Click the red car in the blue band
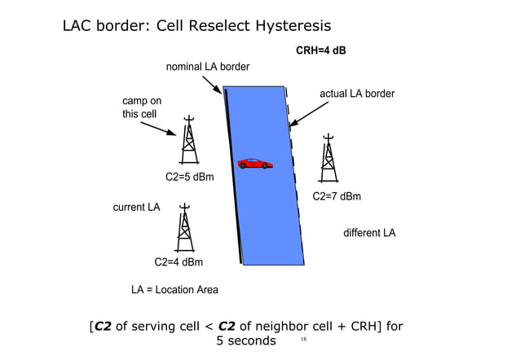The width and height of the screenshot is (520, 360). pos(255,164)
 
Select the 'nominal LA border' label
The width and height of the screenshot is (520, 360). pos(207,66)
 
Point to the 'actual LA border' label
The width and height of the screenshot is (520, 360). pos(356,94)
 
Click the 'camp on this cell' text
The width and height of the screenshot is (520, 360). pos(141,108)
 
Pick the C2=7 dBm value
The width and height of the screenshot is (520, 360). pos(337,196)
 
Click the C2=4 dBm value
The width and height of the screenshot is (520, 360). pos(178,262)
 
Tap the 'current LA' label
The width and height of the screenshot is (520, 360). pos(136,207)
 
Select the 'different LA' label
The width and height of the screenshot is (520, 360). pos(369,233)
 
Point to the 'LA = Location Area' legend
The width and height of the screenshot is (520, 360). pos(174,290)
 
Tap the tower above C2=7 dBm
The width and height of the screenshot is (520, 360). pos(328,157)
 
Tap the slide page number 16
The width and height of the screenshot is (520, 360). pos(303,338)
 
